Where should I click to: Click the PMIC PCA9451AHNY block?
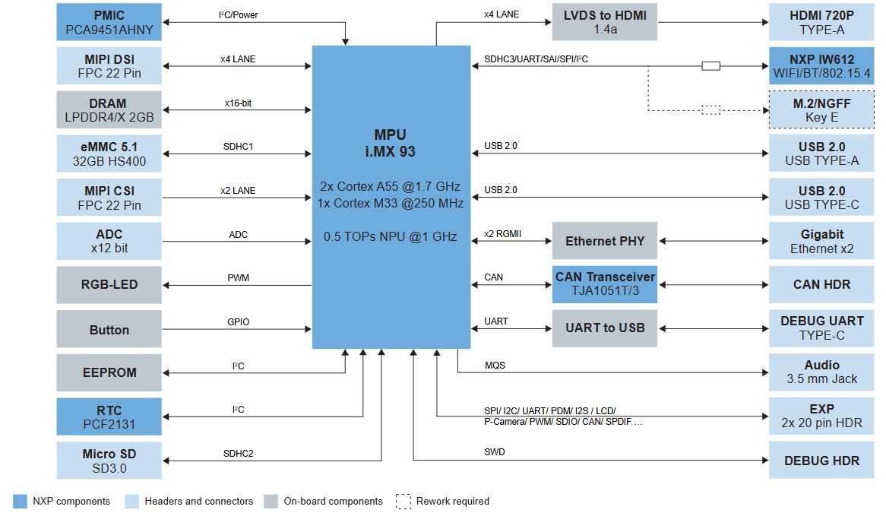point(109,23)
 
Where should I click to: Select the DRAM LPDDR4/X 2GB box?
point(109,110)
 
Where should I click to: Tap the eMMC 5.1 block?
point(109,154)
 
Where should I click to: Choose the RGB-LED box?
point(109,285)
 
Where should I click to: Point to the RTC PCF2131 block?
point(109,417)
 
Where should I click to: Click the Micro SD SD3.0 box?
point(109,461)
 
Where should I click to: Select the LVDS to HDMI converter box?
point(604,23)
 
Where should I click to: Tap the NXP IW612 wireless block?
point(821,67)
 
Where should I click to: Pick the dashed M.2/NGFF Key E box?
point(821,110)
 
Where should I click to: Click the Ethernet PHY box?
point(604,241)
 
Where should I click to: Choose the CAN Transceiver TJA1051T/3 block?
point(604,285)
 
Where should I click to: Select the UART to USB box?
point(604,328)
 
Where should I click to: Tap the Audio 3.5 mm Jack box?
point(821,372)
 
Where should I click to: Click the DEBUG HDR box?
point(821,461)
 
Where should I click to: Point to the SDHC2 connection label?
point(238,454)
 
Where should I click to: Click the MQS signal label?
point(495,366)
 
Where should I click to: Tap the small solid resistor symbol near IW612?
point(710,66)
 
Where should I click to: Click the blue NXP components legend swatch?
point(21,502)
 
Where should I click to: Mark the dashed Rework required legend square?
point(403,502)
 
